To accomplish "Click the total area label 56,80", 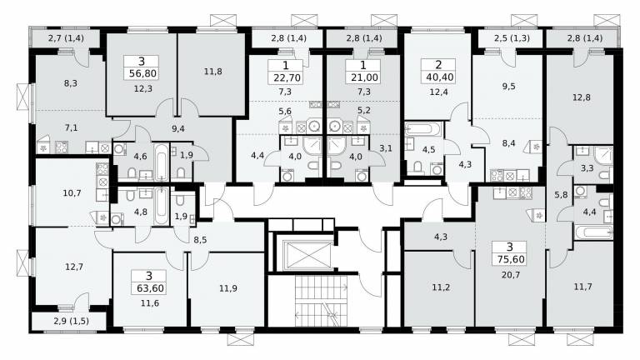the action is [141, 74].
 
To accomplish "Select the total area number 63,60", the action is [149, 288].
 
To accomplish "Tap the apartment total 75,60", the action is [511, 259].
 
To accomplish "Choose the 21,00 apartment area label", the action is [364, 77].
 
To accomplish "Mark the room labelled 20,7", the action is [511, 275].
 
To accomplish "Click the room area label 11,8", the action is [213, 72].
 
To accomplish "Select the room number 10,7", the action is [72, 192].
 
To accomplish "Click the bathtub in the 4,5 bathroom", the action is [423, 129].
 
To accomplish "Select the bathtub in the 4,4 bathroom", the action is [594, 232].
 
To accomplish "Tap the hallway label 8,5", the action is [200, 240].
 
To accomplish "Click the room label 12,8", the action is [582, 97].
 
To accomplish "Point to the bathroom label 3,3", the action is [587, 168].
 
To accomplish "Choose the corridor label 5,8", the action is [561, 195].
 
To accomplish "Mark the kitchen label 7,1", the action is [71, 127].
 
